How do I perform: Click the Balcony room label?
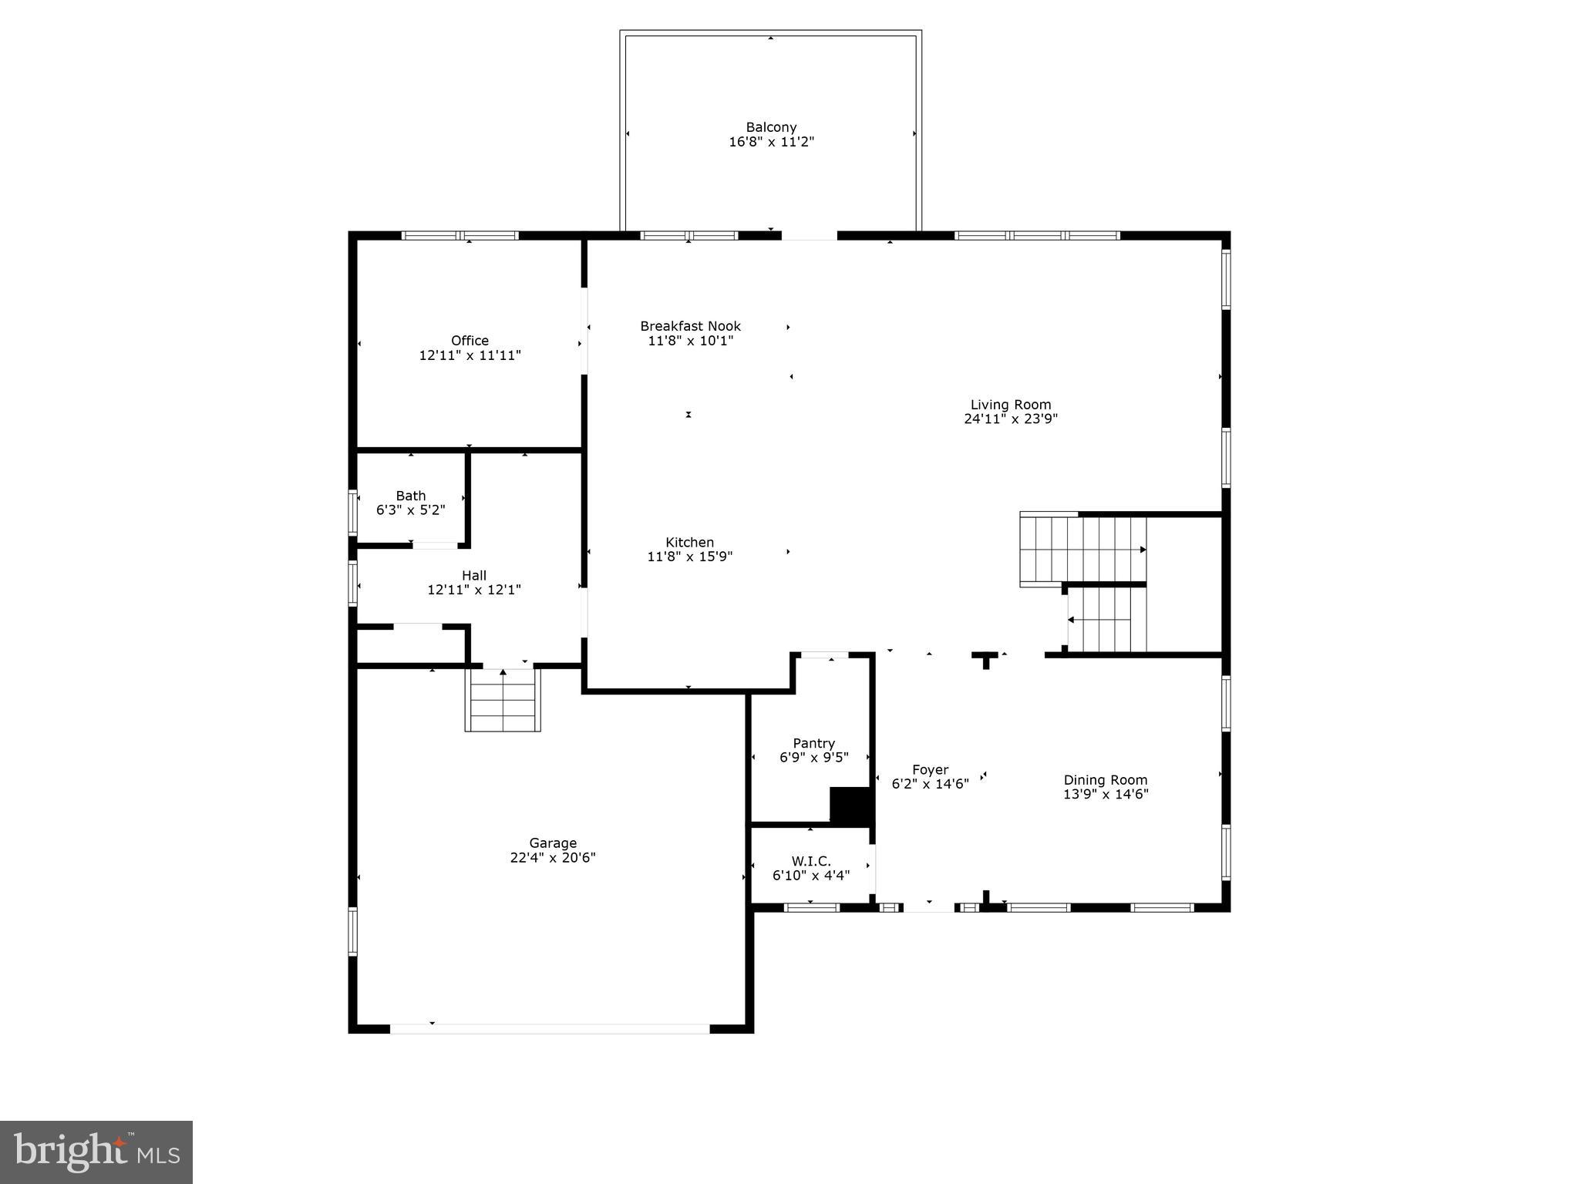[x=771, y=127]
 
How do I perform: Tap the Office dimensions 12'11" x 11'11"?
[x=470, y=355]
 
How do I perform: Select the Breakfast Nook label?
[x=690, y=326]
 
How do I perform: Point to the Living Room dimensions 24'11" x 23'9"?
[x=1010, y=419]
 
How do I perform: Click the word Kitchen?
[x=689, y=542]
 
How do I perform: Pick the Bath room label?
[x=410, y=496]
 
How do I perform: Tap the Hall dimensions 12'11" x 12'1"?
[x=473, y=590]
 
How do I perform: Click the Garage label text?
[x=552, y=843]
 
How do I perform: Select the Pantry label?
[x=813, y=743]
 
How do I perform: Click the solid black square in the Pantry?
[x=849, y=806]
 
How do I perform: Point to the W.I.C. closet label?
[x=811, y=861]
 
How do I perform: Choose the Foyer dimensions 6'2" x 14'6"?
[x=930, y=784]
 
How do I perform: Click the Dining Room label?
[x=1105, y=779]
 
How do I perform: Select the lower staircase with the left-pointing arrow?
[x=1107, y=619]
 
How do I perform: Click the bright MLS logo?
[x=96, y=1152]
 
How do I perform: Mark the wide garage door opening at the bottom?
[x=549, y=1028]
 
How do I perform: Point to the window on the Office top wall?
[x=460, y=236]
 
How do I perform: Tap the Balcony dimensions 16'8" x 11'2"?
[x=771, y=142]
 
